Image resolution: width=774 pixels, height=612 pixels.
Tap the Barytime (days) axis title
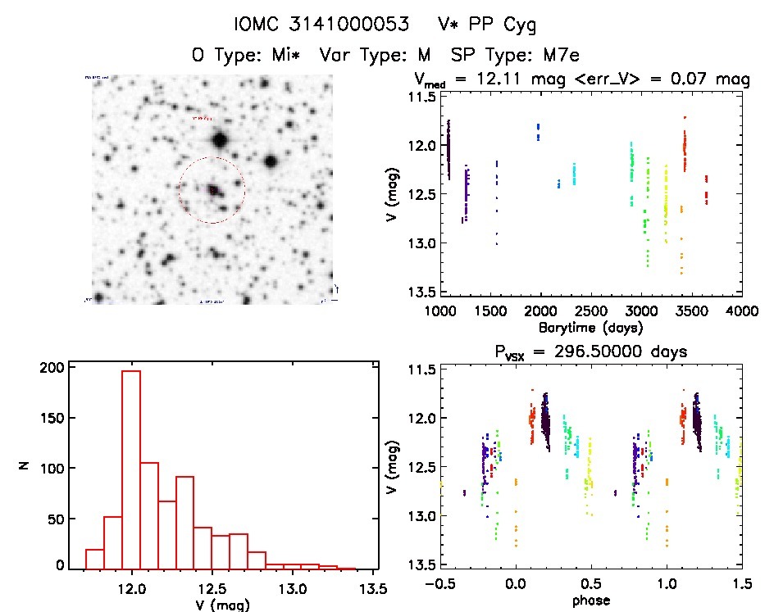590,327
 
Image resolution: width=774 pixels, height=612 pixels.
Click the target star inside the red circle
213,190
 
